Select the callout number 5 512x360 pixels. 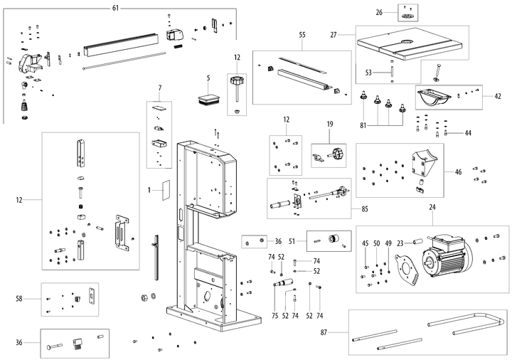208,77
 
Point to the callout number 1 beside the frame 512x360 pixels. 149,190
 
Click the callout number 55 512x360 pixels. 302,35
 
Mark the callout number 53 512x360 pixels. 369,72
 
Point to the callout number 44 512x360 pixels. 467,133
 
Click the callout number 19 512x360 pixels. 330,125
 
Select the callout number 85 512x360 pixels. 364,208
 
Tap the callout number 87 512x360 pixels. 343,333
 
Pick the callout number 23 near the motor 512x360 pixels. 400,243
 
